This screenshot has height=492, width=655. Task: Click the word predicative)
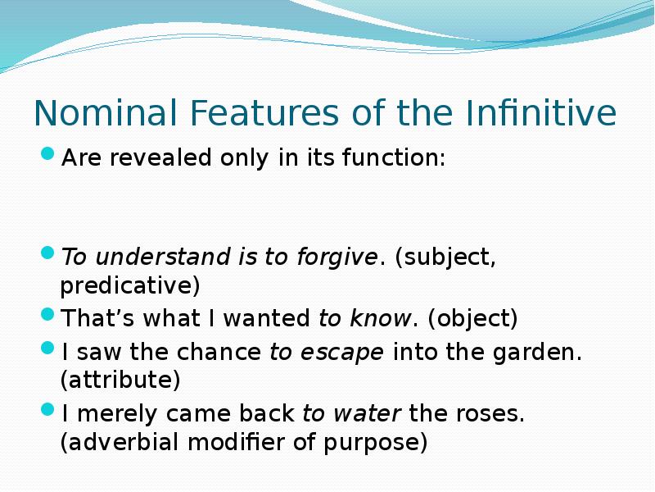tap(130, 287)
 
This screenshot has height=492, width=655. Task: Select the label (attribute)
tap(120, 381)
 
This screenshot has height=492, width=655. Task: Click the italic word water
tap(364, 413)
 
